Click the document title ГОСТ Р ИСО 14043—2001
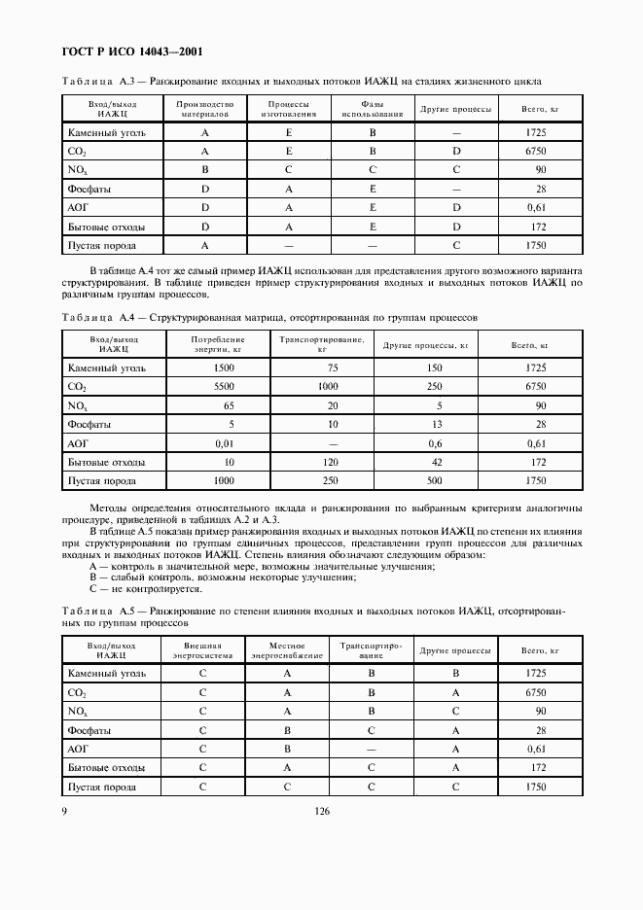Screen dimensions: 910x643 click(x=133, y=52)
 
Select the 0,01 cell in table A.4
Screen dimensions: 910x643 click(x=223, y=442)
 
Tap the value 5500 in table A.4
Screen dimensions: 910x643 click(x=224, y=386)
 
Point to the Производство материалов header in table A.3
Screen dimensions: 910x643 click(x=204, y=108)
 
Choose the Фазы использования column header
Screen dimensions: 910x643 click(x=373, y=108)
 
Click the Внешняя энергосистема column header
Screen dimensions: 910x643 click(x=203, y=649)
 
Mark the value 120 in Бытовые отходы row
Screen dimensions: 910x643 click(x=333, y=462)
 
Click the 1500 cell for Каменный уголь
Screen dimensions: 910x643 click(x=224, y=367)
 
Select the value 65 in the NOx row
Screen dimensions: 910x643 click(x=229, y=405)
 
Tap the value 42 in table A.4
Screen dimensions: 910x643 click(x=436, y=462)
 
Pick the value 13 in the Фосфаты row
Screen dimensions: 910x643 click(x=436, y=424)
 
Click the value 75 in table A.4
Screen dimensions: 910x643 click(x=333, y=367)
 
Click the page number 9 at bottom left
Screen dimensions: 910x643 click(x=64, y=812)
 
